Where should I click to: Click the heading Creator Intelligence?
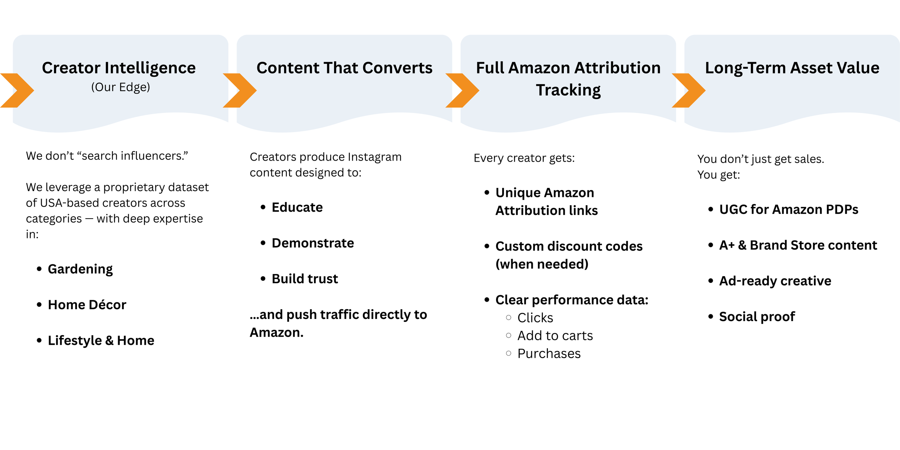(119, 68)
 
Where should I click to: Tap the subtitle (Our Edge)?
(120, 87)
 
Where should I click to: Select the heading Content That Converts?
(344, 68)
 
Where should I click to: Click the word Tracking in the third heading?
(568, 90)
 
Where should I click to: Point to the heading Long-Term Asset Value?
(792, 68)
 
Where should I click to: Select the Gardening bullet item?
(80, 269)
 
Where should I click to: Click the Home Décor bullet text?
(87, 305)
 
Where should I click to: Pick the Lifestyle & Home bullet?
(101, 340)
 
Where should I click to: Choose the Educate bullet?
(297, 207)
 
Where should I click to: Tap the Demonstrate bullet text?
(312, 243)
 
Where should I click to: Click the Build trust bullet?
(305, 279)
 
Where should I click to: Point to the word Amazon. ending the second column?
(276, 332)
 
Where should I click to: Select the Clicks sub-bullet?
(535, 318)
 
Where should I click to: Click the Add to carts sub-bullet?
(555, 336)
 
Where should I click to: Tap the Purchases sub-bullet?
(549, 354)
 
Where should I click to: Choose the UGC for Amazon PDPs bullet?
(788, 209)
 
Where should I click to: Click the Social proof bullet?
(757, 316)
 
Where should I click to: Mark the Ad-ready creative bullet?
(775, 281)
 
